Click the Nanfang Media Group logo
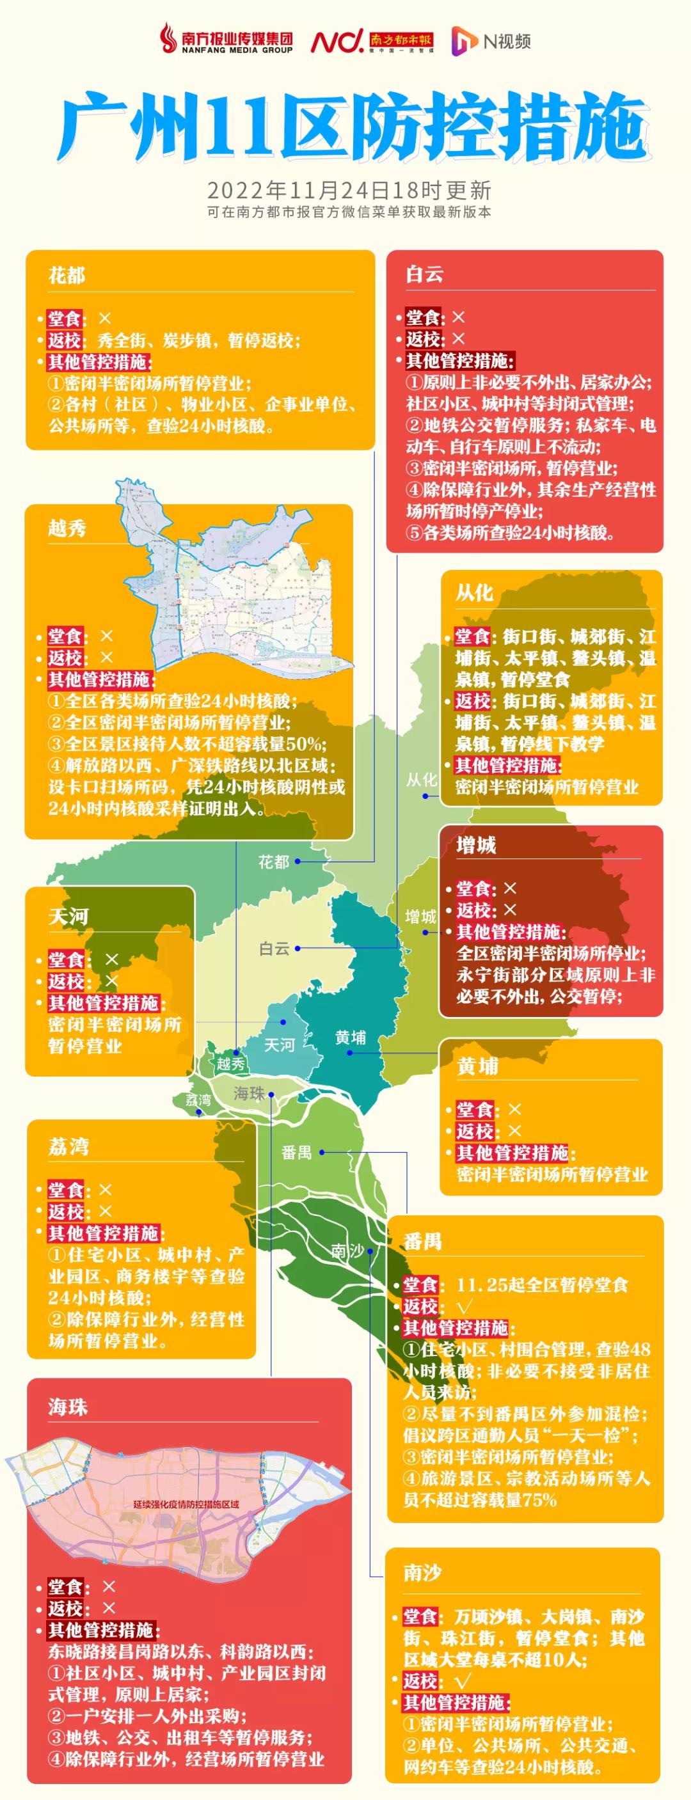pos(226,40)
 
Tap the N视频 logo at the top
pos(491,41)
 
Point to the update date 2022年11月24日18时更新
pos(349,190)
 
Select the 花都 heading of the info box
pos(67,275)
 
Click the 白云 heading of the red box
pos(424,274)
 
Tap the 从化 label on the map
pos(421,779)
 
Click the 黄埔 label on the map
pos(350,1038)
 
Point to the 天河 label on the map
pos(279,1045)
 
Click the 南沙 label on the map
pos(347,1251)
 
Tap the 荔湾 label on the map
pos(198,1100)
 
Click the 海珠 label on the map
pos(249,1094)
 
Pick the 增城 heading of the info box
pos(476,846)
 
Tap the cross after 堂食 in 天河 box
pos(111,959)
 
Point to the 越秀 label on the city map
pos(230,1064)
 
